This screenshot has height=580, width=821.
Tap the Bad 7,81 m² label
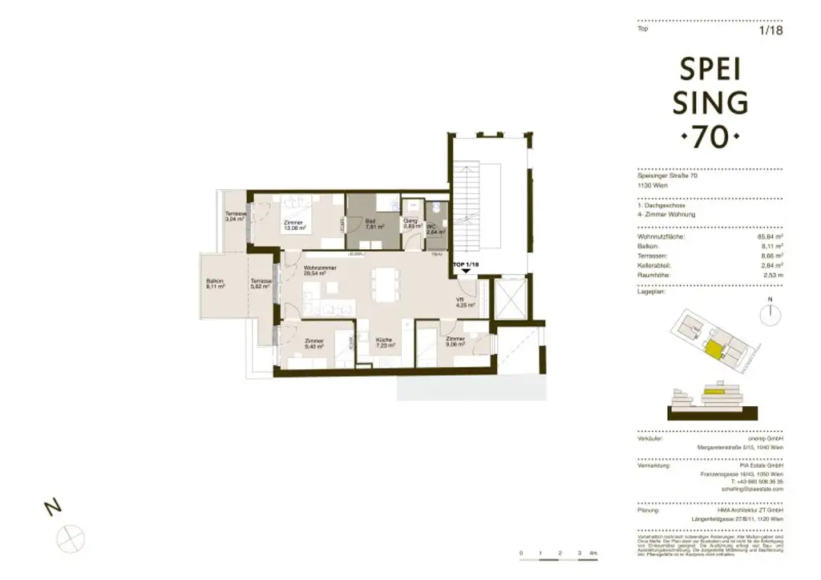[370, 224]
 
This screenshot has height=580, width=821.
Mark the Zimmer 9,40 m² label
[313, 344]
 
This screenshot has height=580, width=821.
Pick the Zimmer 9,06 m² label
[455, 343]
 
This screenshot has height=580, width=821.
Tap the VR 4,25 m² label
[465, 302]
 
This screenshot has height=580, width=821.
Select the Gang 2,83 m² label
[410, 224]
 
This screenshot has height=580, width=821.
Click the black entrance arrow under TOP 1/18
[466, 272]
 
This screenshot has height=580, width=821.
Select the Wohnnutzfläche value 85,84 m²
[768, 237]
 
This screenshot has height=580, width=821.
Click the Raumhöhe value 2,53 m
[770, 274]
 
